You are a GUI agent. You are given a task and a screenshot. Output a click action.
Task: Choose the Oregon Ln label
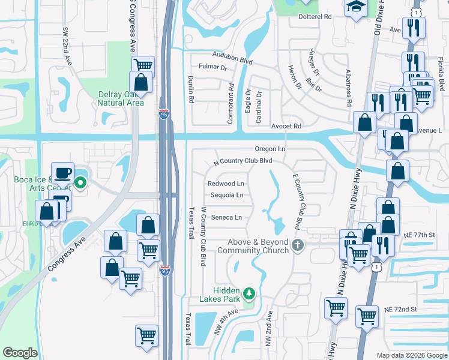pyautogui.click(x=270, y=149)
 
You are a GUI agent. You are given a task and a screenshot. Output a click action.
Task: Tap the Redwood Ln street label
pyautogui.click(x=226, y=184)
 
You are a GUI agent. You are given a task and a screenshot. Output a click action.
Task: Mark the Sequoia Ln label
pyautogui.click(x=226, y=196)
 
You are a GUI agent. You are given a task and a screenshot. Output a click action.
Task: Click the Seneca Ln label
pyautogui.click(x=226, y=217)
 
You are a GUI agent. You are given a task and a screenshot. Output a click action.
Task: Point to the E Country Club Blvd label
pyautogui.click(x=296, y=202)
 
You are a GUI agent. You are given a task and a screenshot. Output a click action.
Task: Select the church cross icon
pyautogui.click(x=297, y=245)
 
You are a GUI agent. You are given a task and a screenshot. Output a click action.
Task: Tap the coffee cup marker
pyautogui.click(x=63, y=173)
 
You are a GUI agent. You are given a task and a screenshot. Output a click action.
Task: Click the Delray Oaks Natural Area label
pyautogui.click(x=121, y=98)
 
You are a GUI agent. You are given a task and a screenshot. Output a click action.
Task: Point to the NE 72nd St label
pyautogui.click(x=400, y=308)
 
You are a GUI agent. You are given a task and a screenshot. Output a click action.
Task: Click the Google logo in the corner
pyautogui.click(x=20, y=353)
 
